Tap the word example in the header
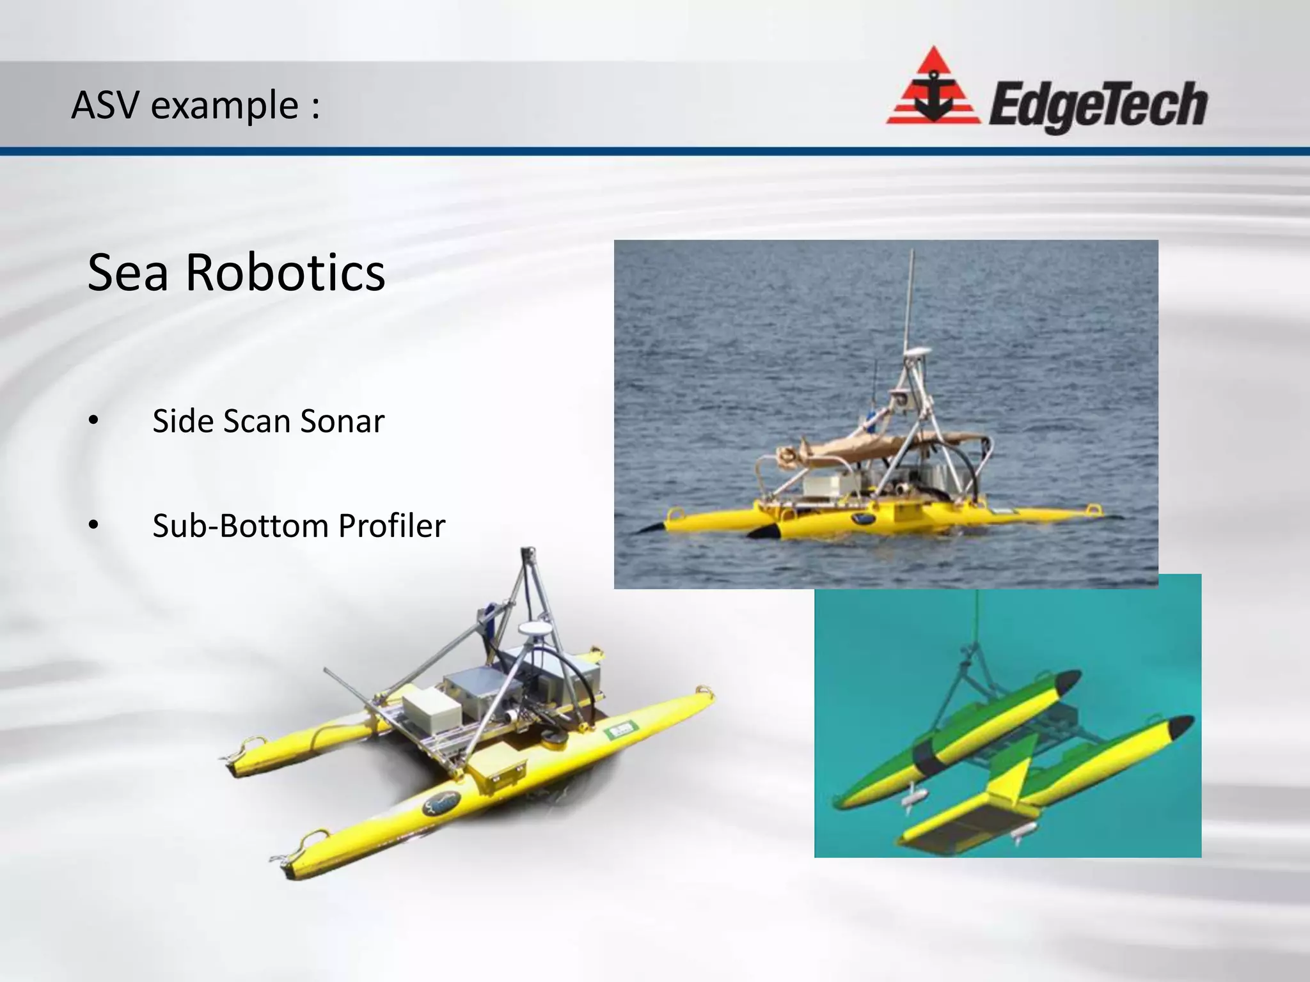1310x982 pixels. (225, 107)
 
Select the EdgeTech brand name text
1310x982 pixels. (1098, 105)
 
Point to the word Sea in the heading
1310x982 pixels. (127, 273)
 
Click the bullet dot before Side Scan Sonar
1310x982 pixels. (93, 421)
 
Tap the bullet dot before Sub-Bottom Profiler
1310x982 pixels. (93, 526)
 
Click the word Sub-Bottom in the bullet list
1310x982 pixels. (240, 526)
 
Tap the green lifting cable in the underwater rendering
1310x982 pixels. (976, 620)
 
